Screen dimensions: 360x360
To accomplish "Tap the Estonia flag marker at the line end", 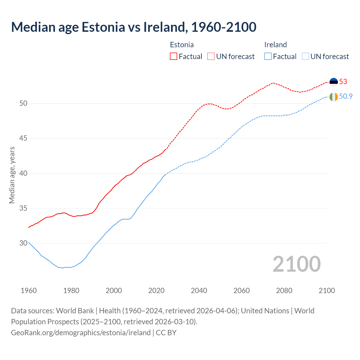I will pyautogui.click(x=334, y=82).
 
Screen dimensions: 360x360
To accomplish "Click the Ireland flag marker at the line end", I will pyautogui.click(x=334, y=97).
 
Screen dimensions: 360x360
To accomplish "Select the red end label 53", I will pyautogui.click(x=343, y=82).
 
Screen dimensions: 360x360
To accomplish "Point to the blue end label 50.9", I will pyautogui.click(x=346, y=96).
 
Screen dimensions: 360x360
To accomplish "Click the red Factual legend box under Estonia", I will pyautogui.click(x=174, y=56).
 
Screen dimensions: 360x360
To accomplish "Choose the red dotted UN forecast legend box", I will pyautogui.click(x=211, y=56).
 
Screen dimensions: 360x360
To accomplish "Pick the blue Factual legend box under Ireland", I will pyautogui.click(x=268, y=56).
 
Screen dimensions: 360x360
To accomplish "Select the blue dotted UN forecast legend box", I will pyautogui.click(x=305, y=56).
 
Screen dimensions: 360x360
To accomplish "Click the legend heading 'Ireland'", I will pyautogui.click(x=275, y=45).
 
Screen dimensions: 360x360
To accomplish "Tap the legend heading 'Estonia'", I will pyautogui.click(x=182, y=45).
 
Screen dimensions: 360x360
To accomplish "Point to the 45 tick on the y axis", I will pyautogui.click(x=23, y=138).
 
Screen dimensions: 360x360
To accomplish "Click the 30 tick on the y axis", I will pyautogui.click(x=23, y=243).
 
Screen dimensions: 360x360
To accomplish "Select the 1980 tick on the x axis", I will pyautogui.click(x=71, y=291).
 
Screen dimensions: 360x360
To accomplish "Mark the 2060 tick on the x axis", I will pyautogui.click(x=242, y=291).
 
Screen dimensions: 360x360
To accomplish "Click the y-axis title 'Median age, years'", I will pyautogui.click(x=12, y=175).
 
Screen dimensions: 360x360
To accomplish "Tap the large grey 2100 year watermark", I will pyautogui.click(x=296, y=264).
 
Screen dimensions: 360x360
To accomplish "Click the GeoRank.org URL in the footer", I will pyautogui.click(x=81, y=333).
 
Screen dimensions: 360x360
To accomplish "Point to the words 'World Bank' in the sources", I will pyautogui.click(x=75, y=311).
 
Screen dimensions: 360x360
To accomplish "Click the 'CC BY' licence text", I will pyautogui.click(x=166, y=333).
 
